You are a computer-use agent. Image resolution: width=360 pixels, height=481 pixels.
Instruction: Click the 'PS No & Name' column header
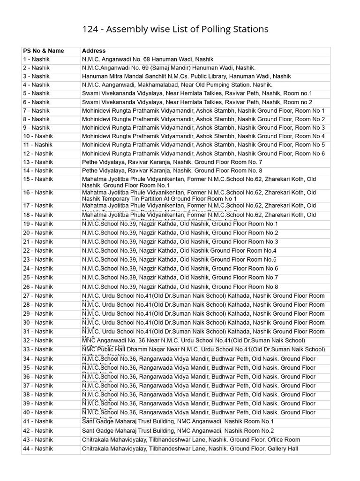[x=44, y=51]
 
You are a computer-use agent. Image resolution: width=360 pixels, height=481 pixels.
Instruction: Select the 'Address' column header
[x=94, y=51]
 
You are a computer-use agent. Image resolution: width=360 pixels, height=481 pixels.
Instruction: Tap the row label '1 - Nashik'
[x=36, y=59]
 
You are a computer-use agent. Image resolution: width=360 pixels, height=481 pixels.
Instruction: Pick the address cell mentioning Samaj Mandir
[x=169, y=68]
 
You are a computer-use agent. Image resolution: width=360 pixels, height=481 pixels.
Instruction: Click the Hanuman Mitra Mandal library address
[x=186, y=76]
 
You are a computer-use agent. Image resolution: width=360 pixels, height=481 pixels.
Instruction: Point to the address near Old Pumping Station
[x=177, y=85]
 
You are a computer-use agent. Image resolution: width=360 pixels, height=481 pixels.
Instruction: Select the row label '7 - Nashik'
[x=36, y=111]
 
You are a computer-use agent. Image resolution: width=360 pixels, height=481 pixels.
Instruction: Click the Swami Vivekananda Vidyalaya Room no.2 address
[x=197, y=102]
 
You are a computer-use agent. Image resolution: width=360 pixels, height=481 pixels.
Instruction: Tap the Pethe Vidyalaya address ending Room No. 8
[x=172, y=171]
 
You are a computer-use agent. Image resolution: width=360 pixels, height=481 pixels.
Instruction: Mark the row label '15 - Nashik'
[x=38, y=179]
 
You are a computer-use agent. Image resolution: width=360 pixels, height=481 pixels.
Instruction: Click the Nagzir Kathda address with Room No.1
[x=180, y=224]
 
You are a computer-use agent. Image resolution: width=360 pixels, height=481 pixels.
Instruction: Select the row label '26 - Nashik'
[x=38, y=287]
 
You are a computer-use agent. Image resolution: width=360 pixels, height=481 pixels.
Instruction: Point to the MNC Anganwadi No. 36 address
[x=193, y=341]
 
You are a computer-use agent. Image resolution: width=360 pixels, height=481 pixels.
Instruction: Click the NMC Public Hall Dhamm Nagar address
[x=203, y=349]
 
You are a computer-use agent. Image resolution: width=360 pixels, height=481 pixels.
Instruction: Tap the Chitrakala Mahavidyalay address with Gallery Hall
[x=190, y=449]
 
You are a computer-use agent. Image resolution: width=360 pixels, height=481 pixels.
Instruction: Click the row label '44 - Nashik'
[x=38, y=449]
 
